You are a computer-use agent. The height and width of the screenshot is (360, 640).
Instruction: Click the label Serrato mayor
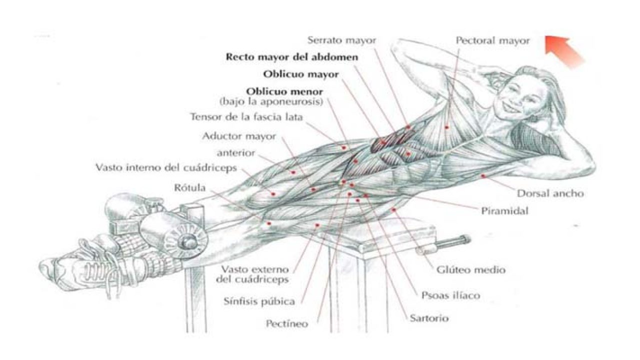(341, 39)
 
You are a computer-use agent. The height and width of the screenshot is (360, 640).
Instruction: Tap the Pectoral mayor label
(492, 41)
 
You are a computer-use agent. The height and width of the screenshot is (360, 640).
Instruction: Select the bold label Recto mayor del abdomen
(292, 57)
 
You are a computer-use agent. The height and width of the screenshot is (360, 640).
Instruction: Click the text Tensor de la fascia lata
(248, 117)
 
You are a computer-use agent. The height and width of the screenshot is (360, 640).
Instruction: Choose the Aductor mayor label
(239, 136)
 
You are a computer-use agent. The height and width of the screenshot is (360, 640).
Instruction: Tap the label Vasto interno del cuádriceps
(166, 167)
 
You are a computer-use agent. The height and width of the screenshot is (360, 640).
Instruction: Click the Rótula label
(191, 188)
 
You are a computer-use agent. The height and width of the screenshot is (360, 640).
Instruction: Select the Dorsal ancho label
(550, 193)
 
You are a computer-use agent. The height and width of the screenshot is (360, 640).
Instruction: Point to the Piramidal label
(504, 211)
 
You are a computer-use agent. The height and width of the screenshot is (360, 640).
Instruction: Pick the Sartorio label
(429, 318)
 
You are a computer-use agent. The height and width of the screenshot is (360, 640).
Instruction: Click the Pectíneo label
(287, 324)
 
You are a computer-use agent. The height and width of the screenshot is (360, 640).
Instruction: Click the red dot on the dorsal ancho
(483, 176)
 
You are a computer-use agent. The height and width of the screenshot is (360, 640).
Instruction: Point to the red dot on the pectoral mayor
(446, 128)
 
